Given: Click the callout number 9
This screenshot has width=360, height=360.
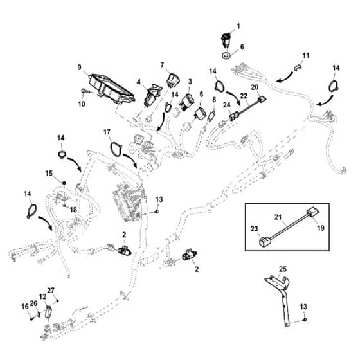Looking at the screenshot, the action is [x=80, y=67].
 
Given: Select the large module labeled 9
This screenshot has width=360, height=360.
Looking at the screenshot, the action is [x=111, y=89].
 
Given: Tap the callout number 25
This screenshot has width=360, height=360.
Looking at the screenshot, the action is [x=283, y=269].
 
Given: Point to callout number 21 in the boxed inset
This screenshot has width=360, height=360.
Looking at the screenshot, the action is [x=278, y=217].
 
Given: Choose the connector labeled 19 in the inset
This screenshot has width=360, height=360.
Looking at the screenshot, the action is [x=313, y=212].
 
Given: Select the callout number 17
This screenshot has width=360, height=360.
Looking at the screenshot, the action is [x=107, y=132].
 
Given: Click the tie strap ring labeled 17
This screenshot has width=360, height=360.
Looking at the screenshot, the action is [x=116, y=148].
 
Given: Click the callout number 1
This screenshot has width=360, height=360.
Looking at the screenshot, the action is [x=239, y=26].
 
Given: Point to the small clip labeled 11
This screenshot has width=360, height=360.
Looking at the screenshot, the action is [x=298, y=67].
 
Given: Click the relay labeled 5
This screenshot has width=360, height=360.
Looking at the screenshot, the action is [x=200, y=113].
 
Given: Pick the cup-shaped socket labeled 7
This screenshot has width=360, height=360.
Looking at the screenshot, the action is [x=173, y=80].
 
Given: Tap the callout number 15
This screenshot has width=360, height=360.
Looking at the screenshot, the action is [x=49, y=174].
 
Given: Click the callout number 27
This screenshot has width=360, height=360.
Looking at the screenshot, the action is [x=51, y=291].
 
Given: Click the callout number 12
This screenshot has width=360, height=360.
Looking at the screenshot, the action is [x=42, y=296].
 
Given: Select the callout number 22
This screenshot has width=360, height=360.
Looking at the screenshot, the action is [x=244, y=95].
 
